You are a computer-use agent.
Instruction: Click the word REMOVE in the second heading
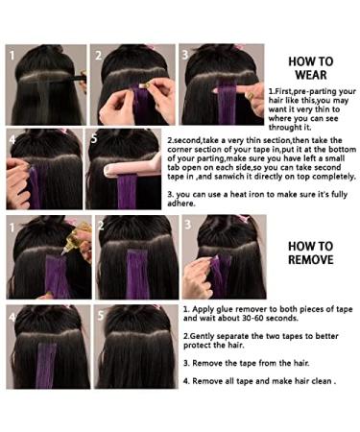309,259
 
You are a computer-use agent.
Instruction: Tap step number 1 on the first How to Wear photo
13,55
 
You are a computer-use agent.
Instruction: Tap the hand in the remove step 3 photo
196,278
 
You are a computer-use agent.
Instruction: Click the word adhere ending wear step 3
204,229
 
